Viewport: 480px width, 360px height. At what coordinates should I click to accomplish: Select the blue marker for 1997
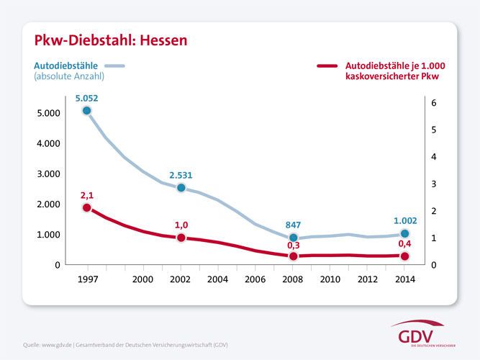click(x=86, y=111)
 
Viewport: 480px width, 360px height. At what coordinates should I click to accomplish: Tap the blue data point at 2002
click(x=181, y=188)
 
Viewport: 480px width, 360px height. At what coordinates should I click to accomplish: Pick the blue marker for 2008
click(x=293, y=238)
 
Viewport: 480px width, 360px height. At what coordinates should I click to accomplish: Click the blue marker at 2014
click(x=404, y=233)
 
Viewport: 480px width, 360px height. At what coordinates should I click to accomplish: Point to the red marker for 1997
click(x=86, y=207)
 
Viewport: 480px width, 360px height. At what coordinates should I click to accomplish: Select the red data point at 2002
click(x=181, y=238)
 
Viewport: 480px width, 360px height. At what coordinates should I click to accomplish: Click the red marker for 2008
click(x=293, y=256)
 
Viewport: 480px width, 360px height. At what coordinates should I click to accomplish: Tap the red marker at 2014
click(x=404, y=256)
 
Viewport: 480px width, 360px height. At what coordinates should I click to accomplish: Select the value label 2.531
click(x=181, y=174)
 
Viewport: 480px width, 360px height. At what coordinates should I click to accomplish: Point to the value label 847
click(x=293, y=225)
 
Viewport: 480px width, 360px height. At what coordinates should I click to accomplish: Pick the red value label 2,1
click(x=86, y=194)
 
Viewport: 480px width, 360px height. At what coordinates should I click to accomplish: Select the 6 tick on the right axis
click(x=433, y=103)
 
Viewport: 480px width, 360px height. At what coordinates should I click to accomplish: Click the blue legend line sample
click(x=115, y=66)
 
